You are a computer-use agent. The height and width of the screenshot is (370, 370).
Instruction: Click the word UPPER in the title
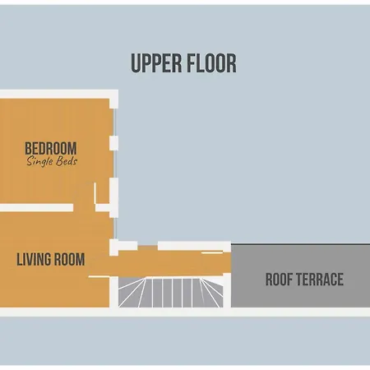pos(156,63)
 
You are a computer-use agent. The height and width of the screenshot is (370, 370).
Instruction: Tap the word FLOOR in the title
pos(211,63)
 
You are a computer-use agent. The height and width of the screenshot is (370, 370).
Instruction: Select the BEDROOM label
pos(51,148)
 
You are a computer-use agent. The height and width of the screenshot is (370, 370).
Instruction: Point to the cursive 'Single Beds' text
pos(52,161)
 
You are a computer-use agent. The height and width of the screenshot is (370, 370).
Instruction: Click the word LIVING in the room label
pos(33,259)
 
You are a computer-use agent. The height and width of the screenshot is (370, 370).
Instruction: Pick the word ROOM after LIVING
pos(69,259)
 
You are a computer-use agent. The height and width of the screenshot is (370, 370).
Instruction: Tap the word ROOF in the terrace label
pos(279,280)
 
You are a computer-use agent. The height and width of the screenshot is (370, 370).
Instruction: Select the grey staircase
pos(171,293)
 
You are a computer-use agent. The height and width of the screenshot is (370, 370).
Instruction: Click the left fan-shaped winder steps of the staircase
pos(132,294)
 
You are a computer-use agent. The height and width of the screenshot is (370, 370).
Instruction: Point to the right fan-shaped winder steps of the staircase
pos(211,294)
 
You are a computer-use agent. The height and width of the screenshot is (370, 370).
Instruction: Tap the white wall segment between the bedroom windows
pos(114,143)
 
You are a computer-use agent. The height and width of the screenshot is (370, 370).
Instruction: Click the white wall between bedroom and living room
pos(36,207)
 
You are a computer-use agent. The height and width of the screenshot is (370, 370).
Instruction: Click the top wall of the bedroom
pos(59,94)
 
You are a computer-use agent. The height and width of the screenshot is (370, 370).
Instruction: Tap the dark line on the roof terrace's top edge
pos(301,244)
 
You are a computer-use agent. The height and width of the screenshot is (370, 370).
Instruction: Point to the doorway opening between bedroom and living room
pos(84,207)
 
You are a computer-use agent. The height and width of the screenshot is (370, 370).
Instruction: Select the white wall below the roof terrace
pos(301,312)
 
